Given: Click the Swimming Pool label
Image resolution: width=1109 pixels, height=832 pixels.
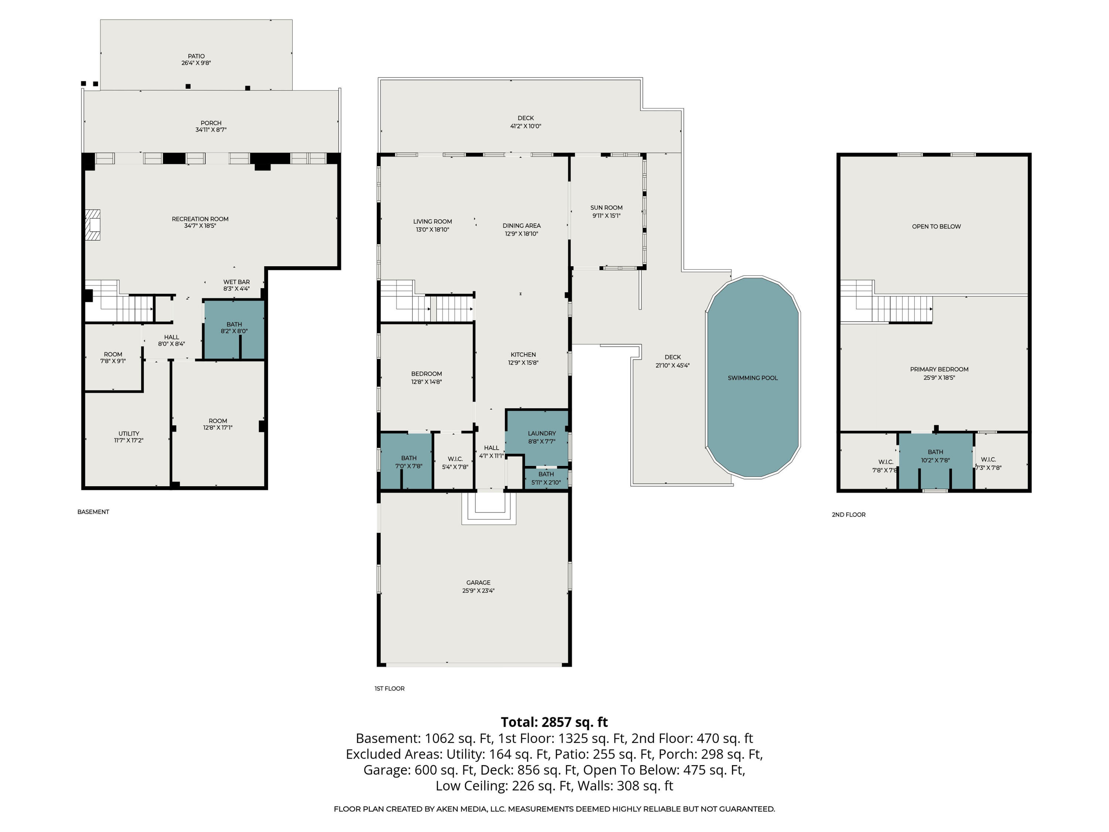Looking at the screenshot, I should (753, 378).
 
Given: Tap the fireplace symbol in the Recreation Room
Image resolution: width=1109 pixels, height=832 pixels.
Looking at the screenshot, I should (92, 225).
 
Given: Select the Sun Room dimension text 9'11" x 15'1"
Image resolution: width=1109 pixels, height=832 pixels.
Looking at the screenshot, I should (606, 216).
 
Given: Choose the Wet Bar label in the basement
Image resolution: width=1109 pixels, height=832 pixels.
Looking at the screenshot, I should (236, 282).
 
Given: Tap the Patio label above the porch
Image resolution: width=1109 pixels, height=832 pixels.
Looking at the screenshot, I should (196, 56).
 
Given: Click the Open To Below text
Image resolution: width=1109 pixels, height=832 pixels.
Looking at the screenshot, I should (936, 226).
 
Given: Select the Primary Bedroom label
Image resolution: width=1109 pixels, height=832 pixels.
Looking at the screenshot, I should (939, 369).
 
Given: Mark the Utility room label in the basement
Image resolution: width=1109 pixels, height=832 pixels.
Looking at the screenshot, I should (129, 433).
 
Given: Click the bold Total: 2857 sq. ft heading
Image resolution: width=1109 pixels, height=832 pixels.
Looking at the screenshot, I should (554, 722).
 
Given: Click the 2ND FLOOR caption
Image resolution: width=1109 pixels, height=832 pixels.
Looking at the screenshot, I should (848, 515).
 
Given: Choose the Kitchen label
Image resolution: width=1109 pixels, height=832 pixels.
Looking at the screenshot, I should (523, 355).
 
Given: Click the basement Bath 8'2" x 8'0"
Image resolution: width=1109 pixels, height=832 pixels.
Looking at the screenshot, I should (234, 328).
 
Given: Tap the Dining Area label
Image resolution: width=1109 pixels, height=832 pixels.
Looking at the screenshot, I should (521, 226).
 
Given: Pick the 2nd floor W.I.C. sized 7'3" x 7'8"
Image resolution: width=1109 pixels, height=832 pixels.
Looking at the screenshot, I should (988, 463).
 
